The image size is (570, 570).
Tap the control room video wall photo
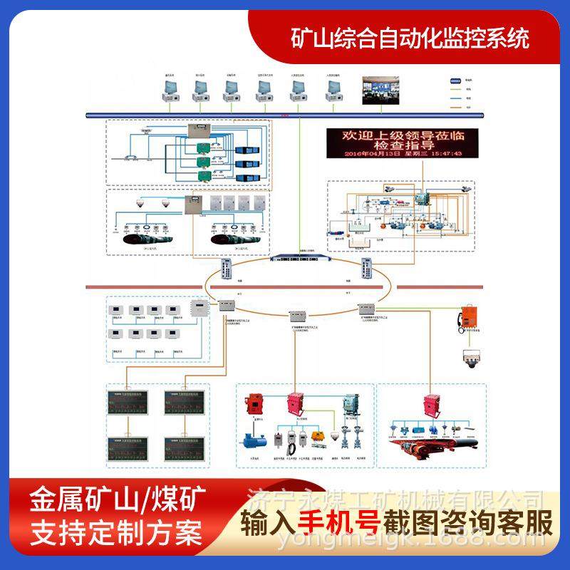tap(382, 87)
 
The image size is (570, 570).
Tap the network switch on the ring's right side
tap(365, 267)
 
